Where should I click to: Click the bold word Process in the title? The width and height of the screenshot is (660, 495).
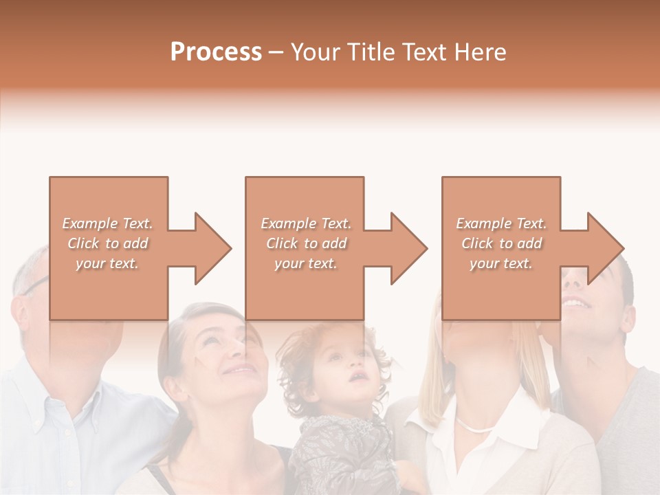tap(216, 52)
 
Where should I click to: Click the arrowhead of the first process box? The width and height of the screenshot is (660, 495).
tap(210, 248)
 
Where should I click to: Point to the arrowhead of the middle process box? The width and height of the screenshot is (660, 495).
tap(406, 248)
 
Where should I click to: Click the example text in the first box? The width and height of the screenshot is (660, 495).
tap(107, 243)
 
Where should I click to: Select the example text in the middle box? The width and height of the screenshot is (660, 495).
tap(305, 243)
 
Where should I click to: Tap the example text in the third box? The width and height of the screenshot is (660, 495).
tap(501, 243)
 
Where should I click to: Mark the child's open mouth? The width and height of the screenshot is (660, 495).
tap(357, 376)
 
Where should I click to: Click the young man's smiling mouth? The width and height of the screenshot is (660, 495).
tap(575, 302)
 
